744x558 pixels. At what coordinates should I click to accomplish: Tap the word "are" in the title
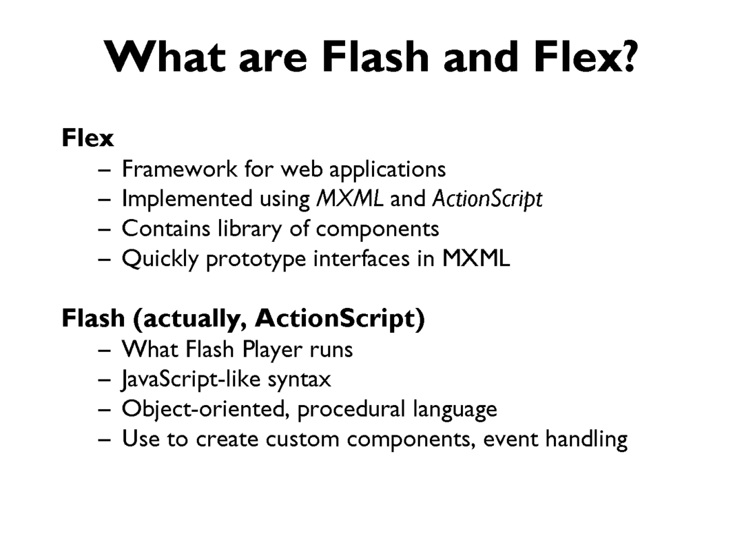pyautogui.click(x=273, y=60)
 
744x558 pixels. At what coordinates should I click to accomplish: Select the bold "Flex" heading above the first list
pyautogui.click(x=87, y=138)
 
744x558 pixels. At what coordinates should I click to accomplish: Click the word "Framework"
pyautogui.click(x=179, y=169)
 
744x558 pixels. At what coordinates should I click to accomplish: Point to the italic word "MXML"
pyautogui.click(x=350, y=198)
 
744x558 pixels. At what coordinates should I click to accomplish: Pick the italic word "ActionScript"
pyautogui.click(x=487, y=199)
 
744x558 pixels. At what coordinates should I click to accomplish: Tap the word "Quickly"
pyautogui.click(x=160, y=259)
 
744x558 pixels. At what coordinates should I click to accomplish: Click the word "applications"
pyautogui.click(x=387, y=170)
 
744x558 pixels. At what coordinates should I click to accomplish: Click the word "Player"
pyautogui.click(x=272, y=350)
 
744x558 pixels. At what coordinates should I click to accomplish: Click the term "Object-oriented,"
pyautogui.click(x=206, y=409)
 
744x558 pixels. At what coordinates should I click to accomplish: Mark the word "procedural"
pyautogui.click(x=351, y=410)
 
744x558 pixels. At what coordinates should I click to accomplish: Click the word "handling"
pyautogui.click(x=586, y=440)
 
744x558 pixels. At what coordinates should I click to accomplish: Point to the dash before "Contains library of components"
pyautogui.click(x=105, y=229)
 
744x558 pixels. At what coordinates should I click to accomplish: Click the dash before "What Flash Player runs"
pyautogui.click(x=105, y=351)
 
